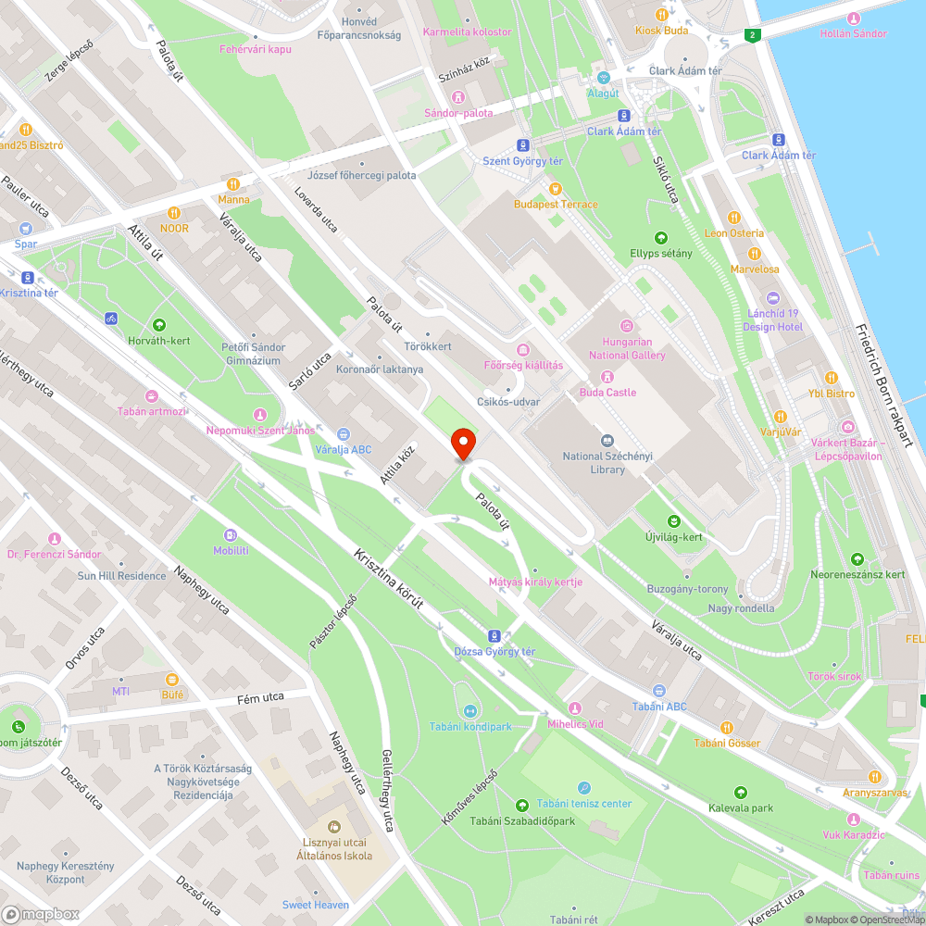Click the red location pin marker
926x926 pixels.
click(x=463, y=444)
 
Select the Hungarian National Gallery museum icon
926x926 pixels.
click(x=627, y=325)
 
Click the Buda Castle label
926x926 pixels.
click(x=607, y=392)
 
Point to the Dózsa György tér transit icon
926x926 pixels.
click(x=494, y=635)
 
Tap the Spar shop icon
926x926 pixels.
click(x=25, y=228)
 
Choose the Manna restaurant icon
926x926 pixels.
click(x=234, y=182)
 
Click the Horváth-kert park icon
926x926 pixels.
click(x=159, y=325)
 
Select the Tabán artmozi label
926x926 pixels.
click(x=151, y=410)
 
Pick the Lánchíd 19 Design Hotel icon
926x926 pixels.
click(x=774, y=297)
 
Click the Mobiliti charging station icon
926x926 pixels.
click(x=231, y=534)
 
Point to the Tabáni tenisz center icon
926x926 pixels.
click(x=584, y=787)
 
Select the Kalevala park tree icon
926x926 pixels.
click(x=740, y=792)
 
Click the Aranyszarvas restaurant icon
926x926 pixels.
click(x=874, y=776)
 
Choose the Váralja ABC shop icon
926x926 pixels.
click(x=343, y=432)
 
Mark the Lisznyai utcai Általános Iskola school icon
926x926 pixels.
click(x=334, y=826)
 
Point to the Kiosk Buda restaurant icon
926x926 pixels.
click(x=661, y=14)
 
